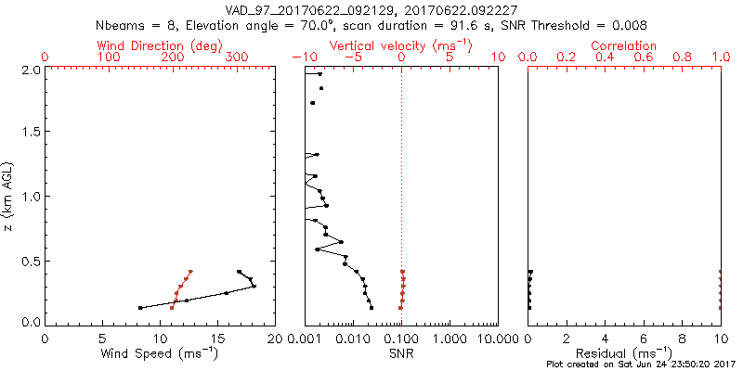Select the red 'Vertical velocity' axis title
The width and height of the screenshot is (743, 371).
(x=400, y=45)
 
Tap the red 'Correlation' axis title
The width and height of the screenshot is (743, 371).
(x=624, y=45)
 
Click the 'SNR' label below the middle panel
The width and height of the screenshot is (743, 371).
(x=401, y=353)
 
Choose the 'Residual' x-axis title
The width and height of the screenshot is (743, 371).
(x=624, y=353)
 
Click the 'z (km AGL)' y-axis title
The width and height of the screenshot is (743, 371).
(x=11, y=196)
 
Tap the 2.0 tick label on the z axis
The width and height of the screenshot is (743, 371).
(x=31, y=70)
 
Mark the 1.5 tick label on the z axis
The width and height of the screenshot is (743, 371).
(x=31, y=133)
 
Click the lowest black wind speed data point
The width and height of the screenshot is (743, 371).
(x=140, y=307)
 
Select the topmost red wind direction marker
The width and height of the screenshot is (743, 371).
(x=190, y=272)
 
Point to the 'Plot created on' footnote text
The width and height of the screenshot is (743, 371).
(x=642, y=365)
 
